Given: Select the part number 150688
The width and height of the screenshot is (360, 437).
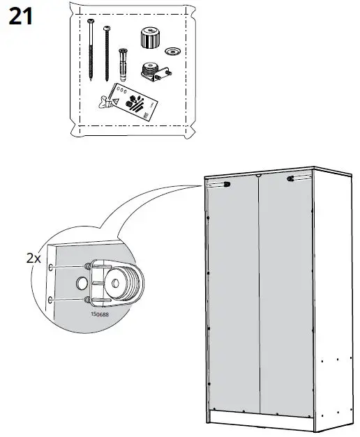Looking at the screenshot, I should click(x=99, y=314).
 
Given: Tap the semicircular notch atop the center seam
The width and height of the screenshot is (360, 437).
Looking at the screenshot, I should click(x=257, y=176).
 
